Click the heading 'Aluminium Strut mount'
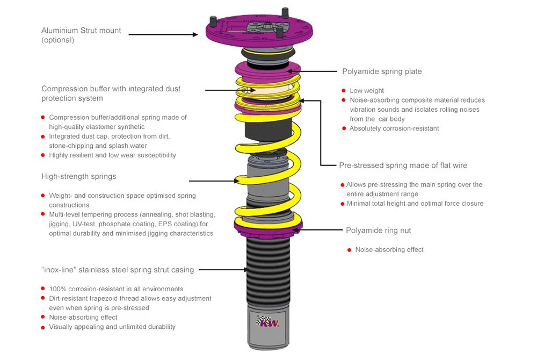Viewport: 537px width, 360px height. [x=81, y=30]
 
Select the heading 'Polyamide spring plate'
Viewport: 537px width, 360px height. [x=382, y=71]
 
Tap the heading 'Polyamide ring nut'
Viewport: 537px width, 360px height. [x=378, y=230]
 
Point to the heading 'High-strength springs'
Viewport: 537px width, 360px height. [x=78, y=176]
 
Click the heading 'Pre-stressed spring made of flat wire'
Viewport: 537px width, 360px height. [x=403, y=165]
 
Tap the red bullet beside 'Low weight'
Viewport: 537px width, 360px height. [x=344, y=91]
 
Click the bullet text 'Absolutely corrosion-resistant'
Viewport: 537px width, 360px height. [x=394, y=128]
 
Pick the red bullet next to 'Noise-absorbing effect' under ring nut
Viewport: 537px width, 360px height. [x=349, y=250]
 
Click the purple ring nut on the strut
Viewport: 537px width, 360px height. [x=266, y=227]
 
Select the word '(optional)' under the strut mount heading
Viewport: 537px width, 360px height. [x=58, y=40]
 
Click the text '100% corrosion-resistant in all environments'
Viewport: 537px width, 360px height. [x=116, y=289]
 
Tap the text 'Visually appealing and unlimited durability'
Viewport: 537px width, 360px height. [x=112, y=326]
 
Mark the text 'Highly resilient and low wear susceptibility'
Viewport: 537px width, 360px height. [x=112, y=155]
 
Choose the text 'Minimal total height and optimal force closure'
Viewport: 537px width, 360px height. [x=415, y=203]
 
